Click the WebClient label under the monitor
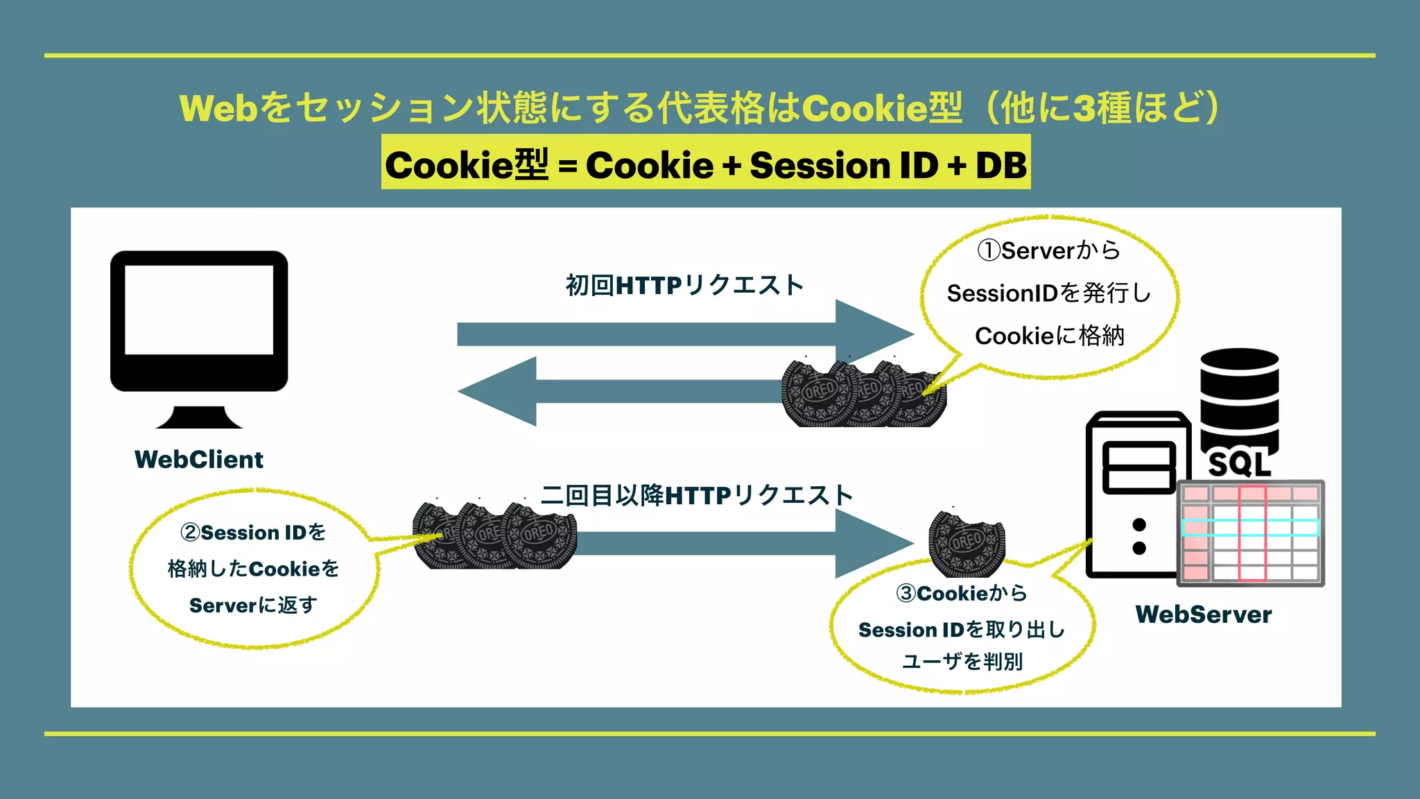pos(199,460)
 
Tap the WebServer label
pos(1203,615)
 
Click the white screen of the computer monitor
pos(199,309)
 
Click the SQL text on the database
pos(1239,464)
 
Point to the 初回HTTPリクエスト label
pos(684,285)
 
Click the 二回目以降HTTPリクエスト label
pos(696,495)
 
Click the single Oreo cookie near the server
pos(967,544)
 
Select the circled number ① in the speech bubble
pos(989,250)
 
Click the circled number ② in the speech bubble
pos(190,533)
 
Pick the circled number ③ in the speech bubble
pos(906,594)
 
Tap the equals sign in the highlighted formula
pos(567,167)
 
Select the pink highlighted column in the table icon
pos(1252,533)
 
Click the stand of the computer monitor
pos(199,418)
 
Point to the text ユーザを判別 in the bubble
pos(962,662)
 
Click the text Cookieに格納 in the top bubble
pos(1049,336)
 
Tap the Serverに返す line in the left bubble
pos(253,605)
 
